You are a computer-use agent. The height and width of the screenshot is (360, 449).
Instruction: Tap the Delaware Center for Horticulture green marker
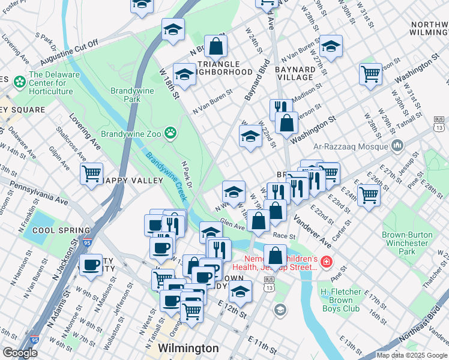[19, 81]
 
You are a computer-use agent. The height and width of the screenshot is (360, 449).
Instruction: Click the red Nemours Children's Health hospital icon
[325, 262]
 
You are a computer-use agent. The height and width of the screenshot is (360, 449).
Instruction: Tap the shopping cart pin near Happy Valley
[91, 174]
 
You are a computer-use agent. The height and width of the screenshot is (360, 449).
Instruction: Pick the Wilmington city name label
[188, 348]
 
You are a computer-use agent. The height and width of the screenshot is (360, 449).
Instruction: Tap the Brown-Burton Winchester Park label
[408, 244]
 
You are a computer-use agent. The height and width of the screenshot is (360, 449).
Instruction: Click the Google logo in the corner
[20, 353]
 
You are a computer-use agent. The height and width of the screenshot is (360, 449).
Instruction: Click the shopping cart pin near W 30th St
[370, 74]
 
